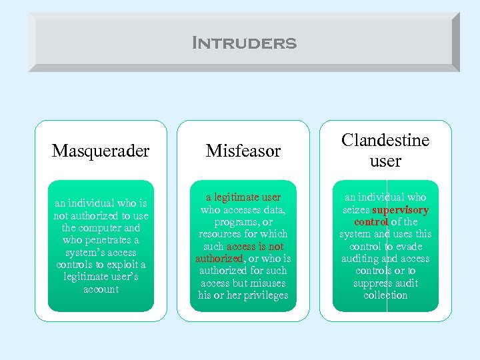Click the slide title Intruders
pyautogui.click(x=243, y=43)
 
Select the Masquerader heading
pyautogui.click(x=101, y=151)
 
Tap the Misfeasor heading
pyautogui.click(x=243, y=151)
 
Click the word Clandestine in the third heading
pyautogui.click(x=385, y=140)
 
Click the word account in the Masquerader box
pyautogui.click(x=101, y=289)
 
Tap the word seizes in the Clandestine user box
pyautogui.click(x=356, y=209)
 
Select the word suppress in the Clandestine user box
pyautogui.click(x=374, y=283)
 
